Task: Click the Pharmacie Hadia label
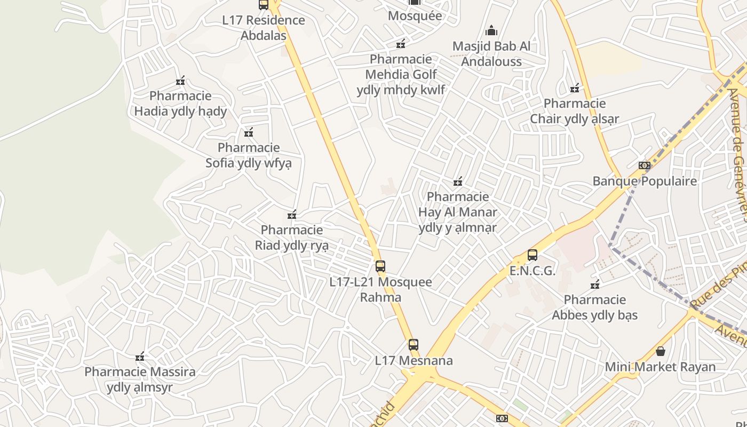(180, 104)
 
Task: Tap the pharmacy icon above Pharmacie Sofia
(249, 132)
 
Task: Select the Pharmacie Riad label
(292, 238)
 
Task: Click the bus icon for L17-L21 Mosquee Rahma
(380, 266)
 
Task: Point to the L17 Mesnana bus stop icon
(414, 345)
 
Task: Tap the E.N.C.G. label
(533, 271)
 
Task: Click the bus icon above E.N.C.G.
(533, 255)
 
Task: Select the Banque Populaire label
(645, 181)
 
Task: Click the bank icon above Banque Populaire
(645, 165)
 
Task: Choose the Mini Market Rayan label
(660, 367)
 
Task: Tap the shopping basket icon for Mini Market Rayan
(661, 351)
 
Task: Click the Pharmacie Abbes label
(595, 307)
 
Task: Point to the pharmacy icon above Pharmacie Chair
(575, 88)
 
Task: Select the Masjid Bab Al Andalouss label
(491, 53)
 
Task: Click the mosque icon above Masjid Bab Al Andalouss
(491, 30)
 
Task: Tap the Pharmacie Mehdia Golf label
(401, 74)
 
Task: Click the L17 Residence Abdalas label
(264, 28)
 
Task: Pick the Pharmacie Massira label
(140, 379)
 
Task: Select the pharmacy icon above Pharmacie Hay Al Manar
(458, 182)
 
